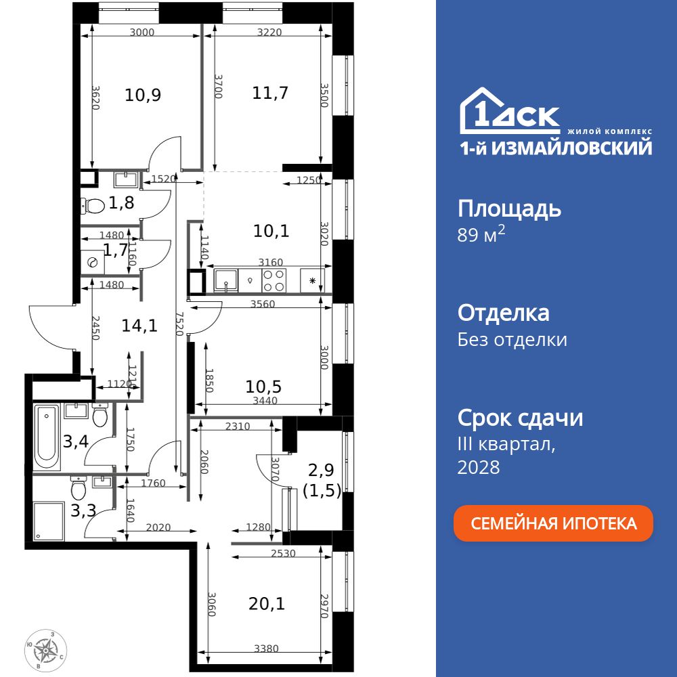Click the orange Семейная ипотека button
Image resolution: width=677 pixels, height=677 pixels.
(553, 523)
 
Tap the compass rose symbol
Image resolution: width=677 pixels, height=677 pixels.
(46, 649)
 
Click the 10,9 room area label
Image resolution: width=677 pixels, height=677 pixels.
(143, 94)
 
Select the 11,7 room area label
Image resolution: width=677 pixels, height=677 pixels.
(270, 93)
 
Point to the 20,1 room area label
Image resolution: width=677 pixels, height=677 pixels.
(267, 603)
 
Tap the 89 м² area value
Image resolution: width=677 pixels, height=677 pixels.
(481, 236)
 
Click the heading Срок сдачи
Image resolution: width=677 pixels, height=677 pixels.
(520, 418)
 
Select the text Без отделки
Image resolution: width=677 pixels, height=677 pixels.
(512, 339)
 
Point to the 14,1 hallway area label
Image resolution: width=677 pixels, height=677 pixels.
(139, 326)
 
